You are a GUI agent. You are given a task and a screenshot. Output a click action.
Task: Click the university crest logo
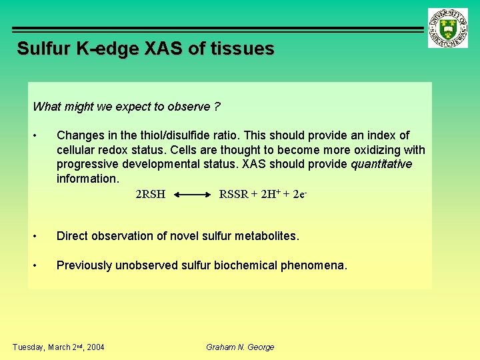[449, 28]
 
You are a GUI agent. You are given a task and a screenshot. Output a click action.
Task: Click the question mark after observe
[217, 107]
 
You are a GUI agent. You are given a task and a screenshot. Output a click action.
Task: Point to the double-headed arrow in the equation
[192, 195]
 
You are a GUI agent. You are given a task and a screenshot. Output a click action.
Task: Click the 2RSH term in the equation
[150, 195]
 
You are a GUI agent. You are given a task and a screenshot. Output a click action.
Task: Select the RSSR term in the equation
[234, 195]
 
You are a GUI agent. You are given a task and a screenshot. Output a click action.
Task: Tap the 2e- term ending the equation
[300, 194]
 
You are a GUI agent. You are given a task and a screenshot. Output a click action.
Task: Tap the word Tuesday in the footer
[28, 347]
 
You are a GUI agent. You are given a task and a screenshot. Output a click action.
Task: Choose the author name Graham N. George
[240, 347]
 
